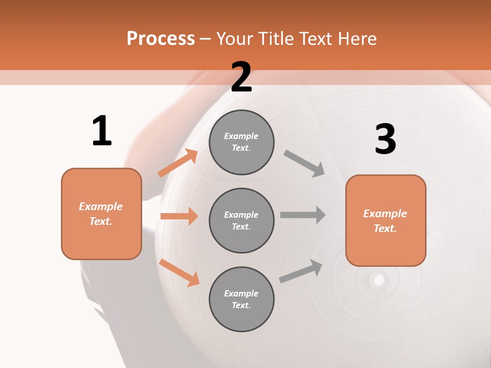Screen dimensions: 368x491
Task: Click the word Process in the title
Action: coord(161,39)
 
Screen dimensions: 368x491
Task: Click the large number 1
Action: coord(102,131)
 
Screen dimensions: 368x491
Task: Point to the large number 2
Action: coord(241,77)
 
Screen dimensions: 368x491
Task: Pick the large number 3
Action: coord(385,139)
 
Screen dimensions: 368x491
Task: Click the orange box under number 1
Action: coord(101,214)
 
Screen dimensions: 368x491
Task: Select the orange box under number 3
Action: coord(386,220)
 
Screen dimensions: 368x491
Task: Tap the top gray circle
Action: coord(241,142)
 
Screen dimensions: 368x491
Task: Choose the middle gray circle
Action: coord(241,220)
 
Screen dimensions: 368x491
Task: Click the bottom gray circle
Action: coord(241,299)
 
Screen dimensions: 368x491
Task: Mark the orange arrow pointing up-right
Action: coord(178,163)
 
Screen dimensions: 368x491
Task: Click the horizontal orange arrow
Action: coord(179,216)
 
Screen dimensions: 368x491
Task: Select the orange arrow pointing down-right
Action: coord(179,272)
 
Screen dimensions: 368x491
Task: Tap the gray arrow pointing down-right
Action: coord(304,163)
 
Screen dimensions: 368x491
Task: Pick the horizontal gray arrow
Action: coord(303,215)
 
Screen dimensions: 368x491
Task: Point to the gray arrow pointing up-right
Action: coord(301,271)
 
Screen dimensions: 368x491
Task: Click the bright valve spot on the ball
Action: coord(378,280)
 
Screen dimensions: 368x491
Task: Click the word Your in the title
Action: coord(235,39)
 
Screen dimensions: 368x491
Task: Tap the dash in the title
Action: coord(205,39)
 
